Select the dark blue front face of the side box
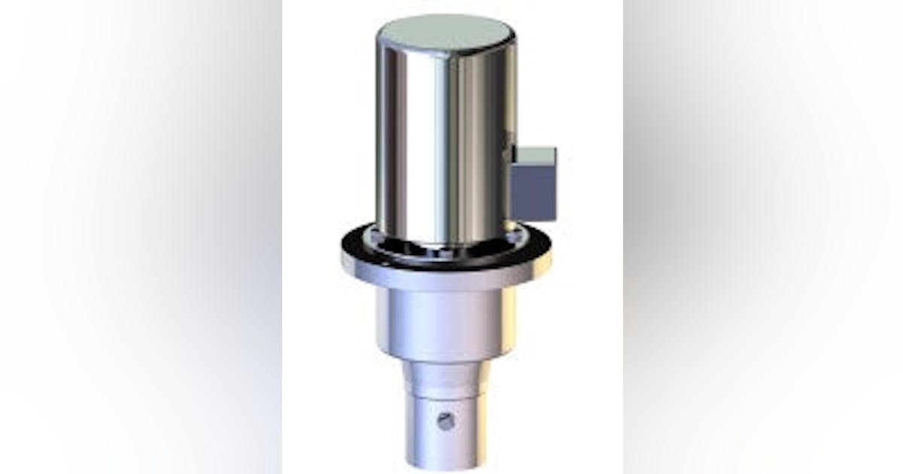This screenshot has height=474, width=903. click(x=534, y=192)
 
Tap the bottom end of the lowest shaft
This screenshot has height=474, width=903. click(x=446, y=463)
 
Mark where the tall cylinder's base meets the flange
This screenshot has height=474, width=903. click(x=445, y=246)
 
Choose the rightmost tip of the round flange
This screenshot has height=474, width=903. click(x=551, y=252)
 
